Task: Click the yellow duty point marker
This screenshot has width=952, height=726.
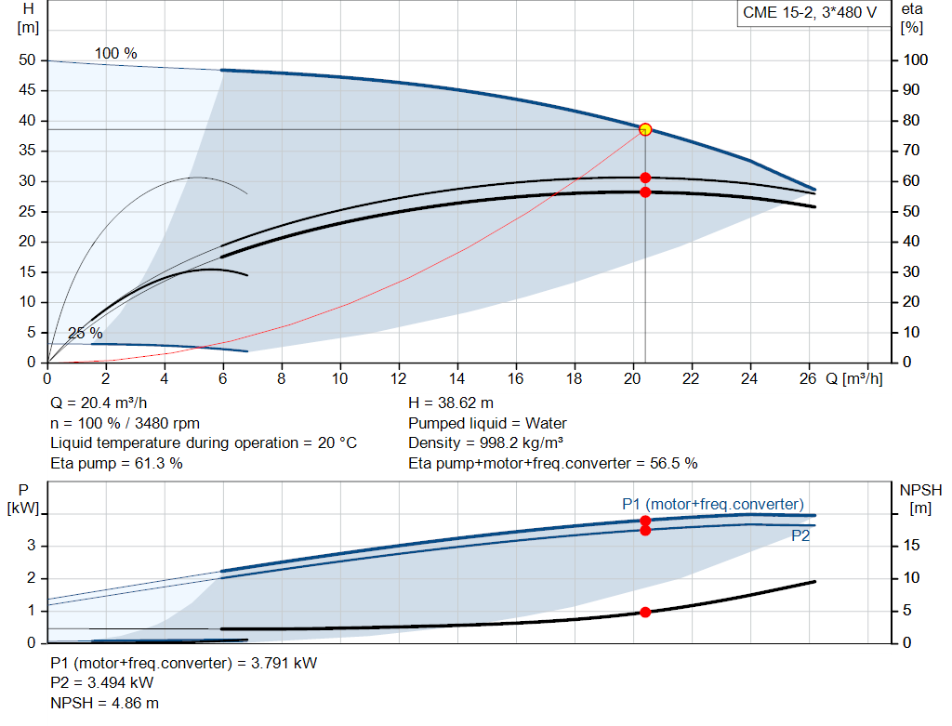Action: [x=645, y=129]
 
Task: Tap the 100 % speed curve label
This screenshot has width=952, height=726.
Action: [x=116, y=53]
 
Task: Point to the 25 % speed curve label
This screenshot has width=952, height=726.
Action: [x=85, y=334]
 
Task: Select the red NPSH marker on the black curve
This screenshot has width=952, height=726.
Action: [x=645, y=613]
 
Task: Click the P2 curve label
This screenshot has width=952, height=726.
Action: [x=800, y=536]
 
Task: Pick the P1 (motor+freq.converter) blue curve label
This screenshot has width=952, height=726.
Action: [x=713, y=505]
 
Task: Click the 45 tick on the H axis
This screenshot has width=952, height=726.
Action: [x=27, y=90]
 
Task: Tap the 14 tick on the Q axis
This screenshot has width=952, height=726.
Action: [x=457, y=378]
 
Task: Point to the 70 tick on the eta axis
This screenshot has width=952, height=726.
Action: [x=911, y=151]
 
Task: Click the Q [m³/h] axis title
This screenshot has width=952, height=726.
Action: [x=854, y=378]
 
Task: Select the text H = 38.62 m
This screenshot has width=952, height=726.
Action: [x=451, y=403]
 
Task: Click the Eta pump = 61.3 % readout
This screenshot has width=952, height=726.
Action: [x=116, y=464]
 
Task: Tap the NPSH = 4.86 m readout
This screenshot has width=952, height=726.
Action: [x=104, y=704]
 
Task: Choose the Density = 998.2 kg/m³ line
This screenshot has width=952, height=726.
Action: [x=485, y=443]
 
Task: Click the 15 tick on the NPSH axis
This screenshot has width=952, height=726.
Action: [x=911, y=545]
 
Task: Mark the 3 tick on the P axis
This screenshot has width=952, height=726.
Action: [x=31, y=545]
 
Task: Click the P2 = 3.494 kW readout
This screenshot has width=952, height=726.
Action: [x=102, y=683]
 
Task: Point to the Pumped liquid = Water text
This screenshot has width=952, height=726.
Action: [x=487, y=423]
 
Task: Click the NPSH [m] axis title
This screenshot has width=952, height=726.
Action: [x=920, y=499]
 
